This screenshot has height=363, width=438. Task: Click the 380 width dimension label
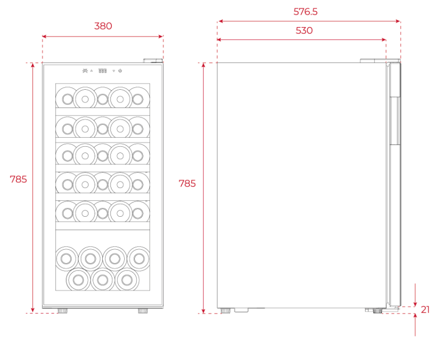tap(103, 26)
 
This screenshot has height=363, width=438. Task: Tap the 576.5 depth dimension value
tap(305, 12)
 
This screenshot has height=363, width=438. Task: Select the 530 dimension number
tap(304, 31)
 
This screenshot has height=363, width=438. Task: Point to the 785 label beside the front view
tap(18, 179)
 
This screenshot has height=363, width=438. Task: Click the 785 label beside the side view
tap(187, 184)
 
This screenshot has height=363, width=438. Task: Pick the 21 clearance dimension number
tap(425, 310)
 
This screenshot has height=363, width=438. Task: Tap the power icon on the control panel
tap(120, 71)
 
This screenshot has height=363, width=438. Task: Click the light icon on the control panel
tap(85, 71)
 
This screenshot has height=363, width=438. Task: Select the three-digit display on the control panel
tap(103, 71)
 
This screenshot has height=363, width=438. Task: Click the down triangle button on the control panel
tap(113, 71)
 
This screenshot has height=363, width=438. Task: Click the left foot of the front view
tap(63, 310)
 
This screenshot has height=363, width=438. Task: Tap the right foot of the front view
tap(143, 310)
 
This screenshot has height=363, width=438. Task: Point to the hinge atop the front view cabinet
tap(153, 61)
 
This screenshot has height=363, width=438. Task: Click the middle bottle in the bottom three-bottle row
tap(103, 279)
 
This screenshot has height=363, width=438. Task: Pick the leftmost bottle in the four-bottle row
tap(66, 258)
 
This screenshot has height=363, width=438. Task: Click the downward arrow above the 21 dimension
tap(416, 295)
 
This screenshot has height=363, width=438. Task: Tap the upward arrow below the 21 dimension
tap(416, 325)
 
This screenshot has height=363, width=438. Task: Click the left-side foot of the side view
tap(225, 310)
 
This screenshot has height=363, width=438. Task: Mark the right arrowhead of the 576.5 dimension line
tap(398, 21)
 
